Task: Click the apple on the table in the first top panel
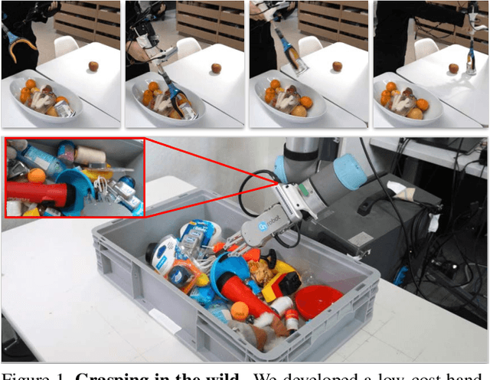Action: click(93, 67)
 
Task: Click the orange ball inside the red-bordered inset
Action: click(36, 175)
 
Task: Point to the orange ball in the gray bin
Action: click(240, 310)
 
